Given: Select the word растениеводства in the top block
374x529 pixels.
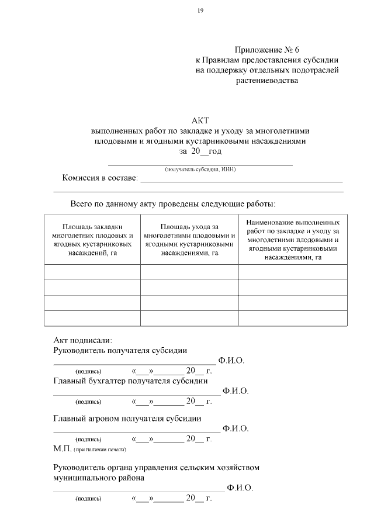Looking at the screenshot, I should coord(266,81).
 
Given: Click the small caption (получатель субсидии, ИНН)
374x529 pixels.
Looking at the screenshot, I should coord(200,170).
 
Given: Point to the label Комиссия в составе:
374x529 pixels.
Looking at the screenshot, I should coord(100,178).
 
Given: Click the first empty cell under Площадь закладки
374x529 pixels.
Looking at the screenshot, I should coord(92,272).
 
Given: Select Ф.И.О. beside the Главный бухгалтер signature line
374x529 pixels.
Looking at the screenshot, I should coord(236,390).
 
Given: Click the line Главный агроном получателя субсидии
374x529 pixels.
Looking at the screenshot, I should coord(127,419).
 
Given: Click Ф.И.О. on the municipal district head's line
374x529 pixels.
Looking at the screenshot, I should coord(240,487).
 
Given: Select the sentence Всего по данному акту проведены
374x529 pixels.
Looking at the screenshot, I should coord(172,204).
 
